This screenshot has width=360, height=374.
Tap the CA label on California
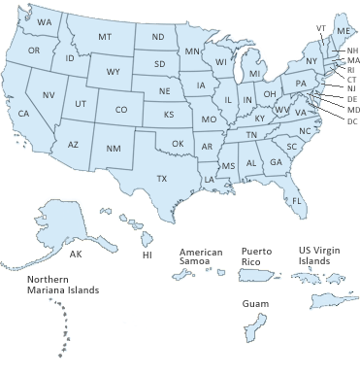pyautogui.click(x=23, y=114)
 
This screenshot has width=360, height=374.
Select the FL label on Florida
pyautogui.click(x=297, y=200)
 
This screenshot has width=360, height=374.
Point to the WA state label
pyautogui.click(x=45, y=21)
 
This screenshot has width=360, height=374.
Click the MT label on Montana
pyautogui.click(x=104, y=37)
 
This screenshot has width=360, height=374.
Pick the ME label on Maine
pyautogui.click(x=343, y=31)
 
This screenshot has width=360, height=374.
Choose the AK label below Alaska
pyautogui.click(x=75, y=254)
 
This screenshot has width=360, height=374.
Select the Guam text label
pyautogui.click(x=255, y=304)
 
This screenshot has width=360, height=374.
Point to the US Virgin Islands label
pyautogui.click(x=318, y=255)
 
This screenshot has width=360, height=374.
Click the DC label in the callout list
pyautogui.click(x=351, y=120)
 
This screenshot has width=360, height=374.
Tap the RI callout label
pyautogui.click(x=351, y=70)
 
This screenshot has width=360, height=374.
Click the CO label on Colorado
pyautogui.click(x=120, y=110)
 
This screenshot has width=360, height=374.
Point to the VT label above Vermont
pyautogui.click(x=321, y=28)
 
